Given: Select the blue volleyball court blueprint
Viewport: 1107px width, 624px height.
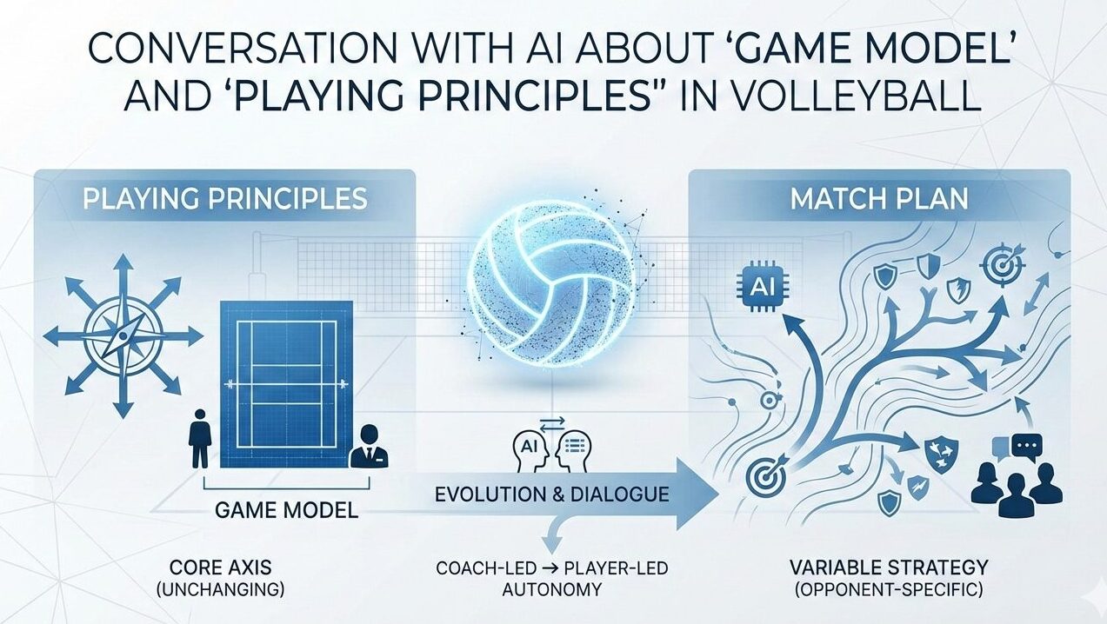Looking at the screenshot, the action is pos(286,384).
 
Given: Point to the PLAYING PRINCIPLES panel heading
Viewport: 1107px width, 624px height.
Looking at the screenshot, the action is pos(225,199).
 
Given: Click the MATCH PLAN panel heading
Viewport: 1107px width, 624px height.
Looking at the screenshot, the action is pos(878,199).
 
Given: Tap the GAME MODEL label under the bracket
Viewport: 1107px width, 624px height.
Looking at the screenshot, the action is pos(287,510).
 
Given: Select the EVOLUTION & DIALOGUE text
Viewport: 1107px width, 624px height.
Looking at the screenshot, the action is pos(552,494).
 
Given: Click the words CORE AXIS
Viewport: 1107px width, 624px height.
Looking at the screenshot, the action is pos(220,568).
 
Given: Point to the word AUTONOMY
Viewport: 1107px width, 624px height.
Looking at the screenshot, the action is pos(552,589).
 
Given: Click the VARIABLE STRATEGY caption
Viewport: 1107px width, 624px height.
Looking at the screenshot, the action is pos(889,568).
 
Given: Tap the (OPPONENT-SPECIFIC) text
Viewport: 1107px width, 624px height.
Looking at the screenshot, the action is pos(889,590).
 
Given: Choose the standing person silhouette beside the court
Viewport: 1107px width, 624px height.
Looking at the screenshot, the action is pos(200,438).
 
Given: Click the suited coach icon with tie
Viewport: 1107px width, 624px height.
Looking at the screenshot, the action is pos(368,446).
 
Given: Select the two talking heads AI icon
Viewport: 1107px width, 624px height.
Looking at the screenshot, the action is pos(552,448).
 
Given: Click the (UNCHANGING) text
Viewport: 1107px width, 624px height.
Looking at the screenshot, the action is pos(220,590).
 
